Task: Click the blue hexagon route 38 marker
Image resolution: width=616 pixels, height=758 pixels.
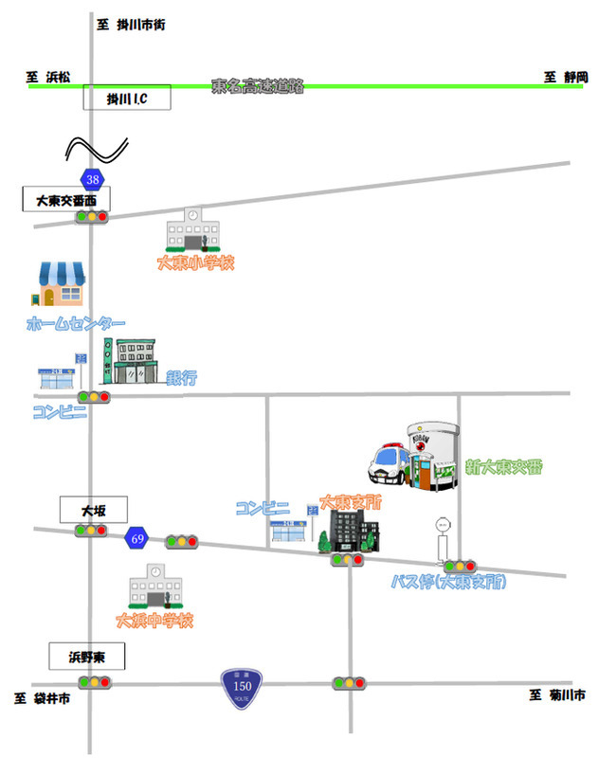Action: click(x=92, y=178)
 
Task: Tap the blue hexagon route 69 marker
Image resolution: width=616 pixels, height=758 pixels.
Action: click(x=137, y=539)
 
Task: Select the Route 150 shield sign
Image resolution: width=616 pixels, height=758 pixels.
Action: click(x=241, y=688)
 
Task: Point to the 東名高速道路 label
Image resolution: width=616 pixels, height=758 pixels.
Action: click(x=257, y=86)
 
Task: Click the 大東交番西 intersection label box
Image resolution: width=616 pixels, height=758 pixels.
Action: click(x=66, y=200)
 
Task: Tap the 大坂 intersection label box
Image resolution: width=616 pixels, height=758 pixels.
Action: click(x=93, y=510)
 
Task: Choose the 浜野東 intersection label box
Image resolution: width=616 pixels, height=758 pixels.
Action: click(x=87, y=656)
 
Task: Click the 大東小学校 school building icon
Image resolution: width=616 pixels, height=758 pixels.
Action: click(x=193, y=229)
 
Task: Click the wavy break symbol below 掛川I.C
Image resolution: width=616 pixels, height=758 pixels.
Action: click(x=95, y=149)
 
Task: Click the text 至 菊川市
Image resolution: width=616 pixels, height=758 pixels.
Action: click(x=556, y=695)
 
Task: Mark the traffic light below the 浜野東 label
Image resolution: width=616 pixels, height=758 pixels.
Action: click(x=93, y=681)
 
